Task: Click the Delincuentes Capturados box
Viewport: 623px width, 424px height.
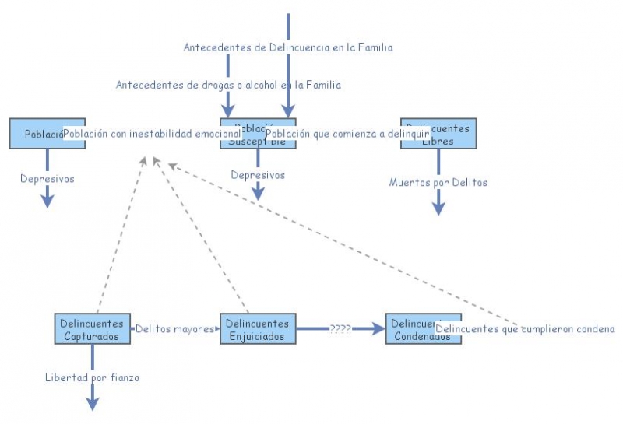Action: pyautogui.click(x=92, y=329)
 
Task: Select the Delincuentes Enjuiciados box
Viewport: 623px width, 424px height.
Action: pyautogui.click(x=256, y=329)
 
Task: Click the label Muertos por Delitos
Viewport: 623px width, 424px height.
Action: pyautogui.click(x=438, y=183)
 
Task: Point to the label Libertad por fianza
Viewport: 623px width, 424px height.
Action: pyautogui.click(x=92, y=378)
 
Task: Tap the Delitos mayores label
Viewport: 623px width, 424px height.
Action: pyautogui.click(x=174, y=329)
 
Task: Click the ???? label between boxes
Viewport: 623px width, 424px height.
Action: pyautogui.click(x=340, y=329)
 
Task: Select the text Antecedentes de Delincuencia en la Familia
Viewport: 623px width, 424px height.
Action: pyautogui.click(x=288, y=47)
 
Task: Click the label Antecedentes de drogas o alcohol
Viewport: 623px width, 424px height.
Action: pyautogui.click(x=228, y=85)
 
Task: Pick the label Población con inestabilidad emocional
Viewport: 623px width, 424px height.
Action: pyautogui.click(x=152, y=134)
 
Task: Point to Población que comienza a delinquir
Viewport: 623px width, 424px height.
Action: pyautogui.click(x=348, y=134)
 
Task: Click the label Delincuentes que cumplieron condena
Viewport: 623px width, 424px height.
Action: pyautogui.click(x=525, y=329)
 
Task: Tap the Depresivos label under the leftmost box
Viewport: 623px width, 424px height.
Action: pyautogui.click(x=47, y=179)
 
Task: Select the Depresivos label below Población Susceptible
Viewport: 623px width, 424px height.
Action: pyautogui.click(x=258, y=175)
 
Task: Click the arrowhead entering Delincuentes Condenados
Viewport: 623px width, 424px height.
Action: pyautogui.click(x=379, y=329)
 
